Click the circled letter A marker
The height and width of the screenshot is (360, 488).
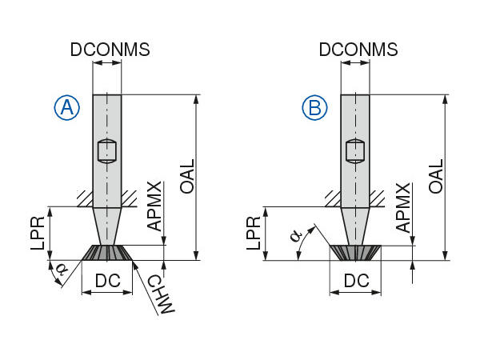click(x=67, y=108)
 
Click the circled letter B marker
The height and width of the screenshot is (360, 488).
click(x=315, y=108)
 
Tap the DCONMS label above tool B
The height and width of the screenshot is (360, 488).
click(x=358, y=50)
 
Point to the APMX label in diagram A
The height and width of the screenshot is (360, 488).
click(x=155, y=206)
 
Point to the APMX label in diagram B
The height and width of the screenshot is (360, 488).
click(x=405, y=206)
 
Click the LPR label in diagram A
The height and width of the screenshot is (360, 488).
click(x=37, y=233)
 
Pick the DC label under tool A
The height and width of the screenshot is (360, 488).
click(x=108, y=281)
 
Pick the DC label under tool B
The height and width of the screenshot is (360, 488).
click(x=357, y=281)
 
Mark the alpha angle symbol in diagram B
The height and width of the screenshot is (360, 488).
click(x=297, y=236)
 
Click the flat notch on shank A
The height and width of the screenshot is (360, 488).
click(x=107, y=150)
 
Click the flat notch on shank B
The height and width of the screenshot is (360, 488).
click(x=356, y=150)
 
